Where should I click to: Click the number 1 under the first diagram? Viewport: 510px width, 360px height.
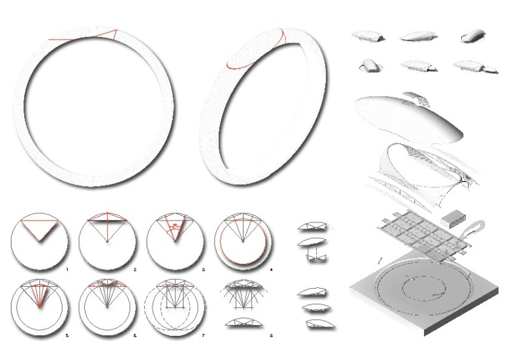point(67,270)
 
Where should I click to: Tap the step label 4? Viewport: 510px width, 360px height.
point(272,270)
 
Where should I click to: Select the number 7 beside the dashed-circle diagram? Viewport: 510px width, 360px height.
point(203,335)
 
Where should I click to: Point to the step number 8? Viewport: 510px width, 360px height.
point(272,335)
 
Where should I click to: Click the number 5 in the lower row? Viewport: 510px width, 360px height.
point(67,335)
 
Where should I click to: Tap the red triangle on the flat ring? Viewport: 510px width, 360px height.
point(110,35)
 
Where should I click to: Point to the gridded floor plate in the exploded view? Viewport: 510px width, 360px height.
point(423,234)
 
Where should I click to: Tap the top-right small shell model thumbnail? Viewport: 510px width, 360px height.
point(473,36)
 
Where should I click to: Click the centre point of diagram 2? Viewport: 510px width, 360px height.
point(107,241)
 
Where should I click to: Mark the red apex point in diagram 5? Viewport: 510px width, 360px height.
point(40,306)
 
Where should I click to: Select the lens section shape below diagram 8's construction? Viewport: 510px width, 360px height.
point(244,322)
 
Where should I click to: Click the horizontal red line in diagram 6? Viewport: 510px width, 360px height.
point(107,286)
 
